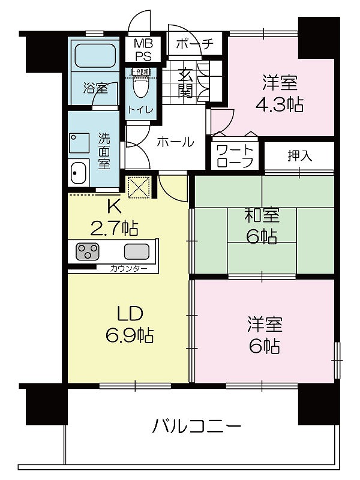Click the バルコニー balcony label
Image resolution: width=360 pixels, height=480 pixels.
197,426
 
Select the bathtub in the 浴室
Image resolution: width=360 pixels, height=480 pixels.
95,56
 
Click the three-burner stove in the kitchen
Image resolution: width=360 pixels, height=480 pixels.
87,251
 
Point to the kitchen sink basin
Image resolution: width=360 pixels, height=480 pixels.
137,251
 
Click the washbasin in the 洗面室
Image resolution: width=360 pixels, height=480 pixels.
78,173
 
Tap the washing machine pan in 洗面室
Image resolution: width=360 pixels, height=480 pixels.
79,143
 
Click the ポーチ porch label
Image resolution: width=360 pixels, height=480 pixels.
194,44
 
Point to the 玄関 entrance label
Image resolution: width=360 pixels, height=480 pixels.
185,82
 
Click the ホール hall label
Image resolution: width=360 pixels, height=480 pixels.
176,142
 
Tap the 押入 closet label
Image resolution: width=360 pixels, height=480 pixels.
299,156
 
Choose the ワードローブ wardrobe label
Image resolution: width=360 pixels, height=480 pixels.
235,156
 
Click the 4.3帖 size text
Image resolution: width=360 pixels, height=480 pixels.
280,105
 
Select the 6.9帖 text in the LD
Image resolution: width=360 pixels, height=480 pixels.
130,335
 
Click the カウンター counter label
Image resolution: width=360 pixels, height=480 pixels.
129,269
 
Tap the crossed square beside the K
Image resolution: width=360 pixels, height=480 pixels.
139,187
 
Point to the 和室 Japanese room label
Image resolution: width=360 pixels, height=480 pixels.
262,215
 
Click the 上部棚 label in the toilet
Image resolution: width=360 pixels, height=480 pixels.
140,73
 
